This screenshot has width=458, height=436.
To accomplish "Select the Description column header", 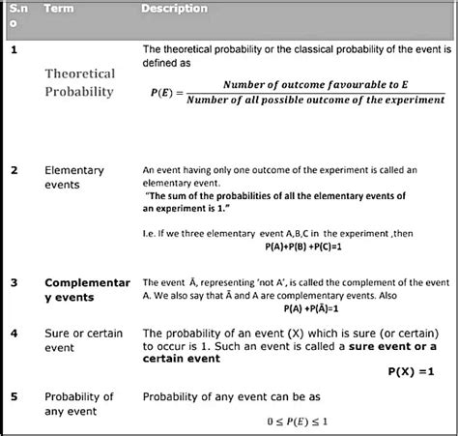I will click(174, 9).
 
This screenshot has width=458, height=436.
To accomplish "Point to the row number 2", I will click(14, 170).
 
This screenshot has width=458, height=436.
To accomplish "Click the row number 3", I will click(14, 283).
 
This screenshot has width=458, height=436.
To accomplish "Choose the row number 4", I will click(14, 334).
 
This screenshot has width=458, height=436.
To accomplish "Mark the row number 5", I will click(14, 396).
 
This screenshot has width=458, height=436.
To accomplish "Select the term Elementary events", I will click(75, 177).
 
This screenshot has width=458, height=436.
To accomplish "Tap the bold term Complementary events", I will click(87, 290).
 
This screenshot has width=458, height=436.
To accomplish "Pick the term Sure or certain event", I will click(83, 340).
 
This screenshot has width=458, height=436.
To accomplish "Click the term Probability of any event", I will click(79, 404).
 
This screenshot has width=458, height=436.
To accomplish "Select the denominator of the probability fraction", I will click(315, 100).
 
